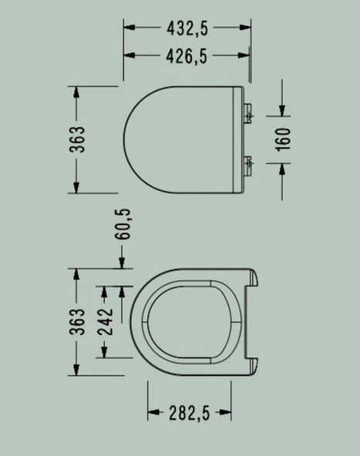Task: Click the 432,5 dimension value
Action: [187, 28]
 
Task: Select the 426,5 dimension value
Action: [187, 56]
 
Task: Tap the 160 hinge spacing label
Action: [283, 139]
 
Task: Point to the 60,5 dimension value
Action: [123, 224]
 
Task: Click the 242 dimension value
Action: [105, 322]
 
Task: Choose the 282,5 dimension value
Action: [190, 413]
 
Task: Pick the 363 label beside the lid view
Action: [77, 139]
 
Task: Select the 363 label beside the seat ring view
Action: [77, 322]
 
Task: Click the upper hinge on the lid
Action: [248, 114]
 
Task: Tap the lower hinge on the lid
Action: [248, 166]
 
